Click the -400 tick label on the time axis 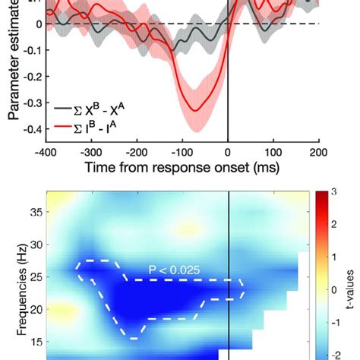click(x=46, y=151)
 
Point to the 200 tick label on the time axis click(x=319, y=151)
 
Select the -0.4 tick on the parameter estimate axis click(x=32, y=129)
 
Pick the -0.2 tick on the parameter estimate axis click(x=32, y=77)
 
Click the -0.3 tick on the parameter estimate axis click(x=32, y=103)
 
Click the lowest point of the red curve click(x=197, y=111)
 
